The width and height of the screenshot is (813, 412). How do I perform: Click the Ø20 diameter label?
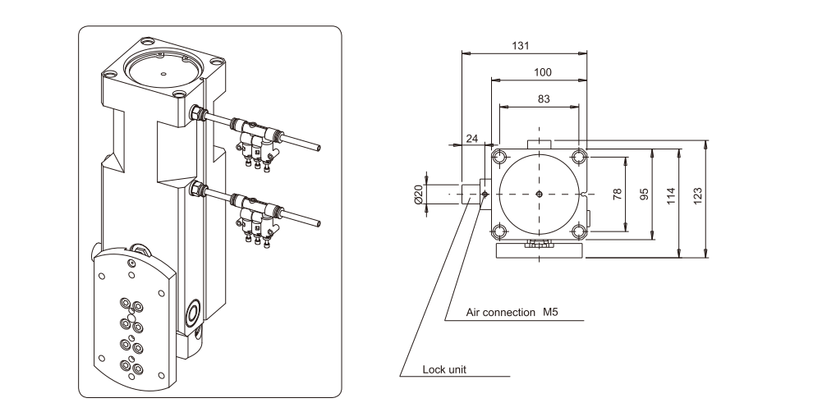click(x=418, y=194)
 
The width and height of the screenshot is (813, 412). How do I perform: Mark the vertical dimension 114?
click(x=672, y=195)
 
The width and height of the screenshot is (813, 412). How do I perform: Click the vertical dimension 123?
click(x=699, y=195)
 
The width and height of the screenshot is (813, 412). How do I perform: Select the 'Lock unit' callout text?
click(x=444, y=369)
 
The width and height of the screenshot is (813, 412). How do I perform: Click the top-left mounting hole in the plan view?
click(x=498, y=157)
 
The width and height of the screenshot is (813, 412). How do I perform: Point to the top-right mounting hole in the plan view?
click(x=579, y=156)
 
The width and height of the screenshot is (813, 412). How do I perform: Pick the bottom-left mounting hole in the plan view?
click(x=498, y=231)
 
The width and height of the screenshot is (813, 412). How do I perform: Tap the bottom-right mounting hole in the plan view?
click(x=579, y=231)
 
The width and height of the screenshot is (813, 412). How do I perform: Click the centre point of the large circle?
click(x=538, y=194)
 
